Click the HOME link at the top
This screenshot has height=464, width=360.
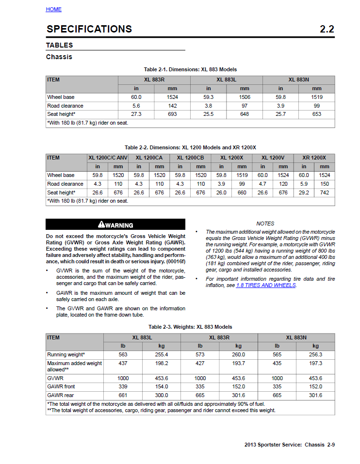(x=53, y=9)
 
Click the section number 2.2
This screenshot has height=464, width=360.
(x=327, y=29)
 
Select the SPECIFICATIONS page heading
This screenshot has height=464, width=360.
(x=89, y=29)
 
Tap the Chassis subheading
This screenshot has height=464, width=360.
(x=59, y=57)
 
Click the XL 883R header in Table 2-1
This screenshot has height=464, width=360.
(x=154, y=80)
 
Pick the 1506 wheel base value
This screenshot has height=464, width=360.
(x=245, y=97)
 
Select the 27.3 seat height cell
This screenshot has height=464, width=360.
(x=136, y=114)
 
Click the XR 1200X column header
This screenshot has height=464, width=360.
(x=314, y=158)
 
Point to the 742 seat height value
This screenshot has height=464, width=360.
(x=325, y=192)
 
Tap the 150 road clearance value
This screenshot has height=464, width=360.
(x=325, y=184)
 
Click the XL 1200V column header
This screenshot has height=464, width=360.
(x=273, y=158)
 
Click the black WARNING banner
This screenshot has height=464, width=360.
(x=115, y=224)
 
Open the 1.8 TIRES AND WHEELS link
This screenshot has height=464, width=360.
(x=265, y=285)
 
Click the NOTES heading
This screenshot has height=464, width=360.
(x=265, y=224)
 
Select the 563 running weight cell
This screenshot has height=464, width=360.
(x=123, y=354)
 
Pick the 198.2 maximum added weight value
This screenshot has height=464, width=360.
(x=162, y=363)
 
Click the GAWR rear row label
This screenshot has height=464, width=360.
(x=60, y=395)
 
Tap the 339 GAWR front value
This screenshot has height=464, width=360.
(x=123, y=386)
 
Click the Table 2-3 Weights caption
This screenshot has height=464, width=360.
(x=190, y=327)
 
